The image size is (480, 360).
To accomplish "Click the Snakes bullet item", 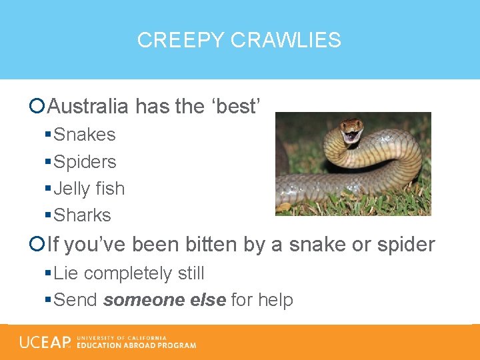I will [84, 135].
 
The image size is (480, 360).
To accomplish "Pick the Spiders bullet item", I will [85, 162].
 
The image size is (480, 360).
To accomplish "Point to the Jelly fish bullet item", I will [89, 189].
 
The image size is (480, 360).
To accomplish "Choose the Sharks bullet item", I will [82, 215].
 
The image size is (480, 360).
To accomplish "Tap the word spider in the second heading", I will [406, 245].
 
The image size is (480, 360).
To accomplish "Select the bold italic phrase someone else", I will [164, 300].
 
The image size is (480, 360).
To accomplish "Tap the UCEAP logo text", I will [45, 342].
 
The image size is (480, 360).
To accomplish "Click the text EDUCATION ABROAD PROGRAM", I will [137, 345].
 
